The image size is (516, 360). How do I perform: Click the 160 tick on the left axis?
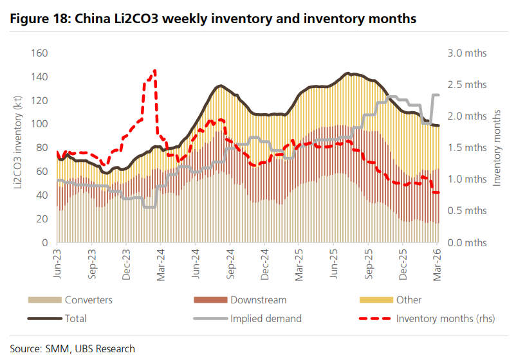(40, 53)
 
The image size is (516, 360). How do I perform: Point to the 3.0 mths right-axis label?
(467, 53)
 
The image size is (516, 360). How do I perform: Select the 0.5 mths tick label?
(467, 211)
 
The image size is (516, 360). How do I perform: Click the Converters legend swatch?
(44, 300)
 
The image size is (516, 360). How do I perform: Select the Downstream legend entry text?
(259, 300)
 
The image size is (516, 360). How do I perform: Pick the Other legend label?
(410, 300)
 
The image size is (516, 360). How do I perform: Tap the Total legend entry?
(75, 318)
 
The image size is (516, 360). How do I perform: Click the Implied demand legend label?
(266, 318)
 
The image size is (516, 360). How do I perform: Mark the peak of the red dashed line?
(155, 71)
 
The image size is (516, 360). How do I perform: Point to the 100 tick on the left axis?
(40, 124)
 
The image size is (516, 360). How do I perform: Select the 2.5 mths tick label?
(467, 85)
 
